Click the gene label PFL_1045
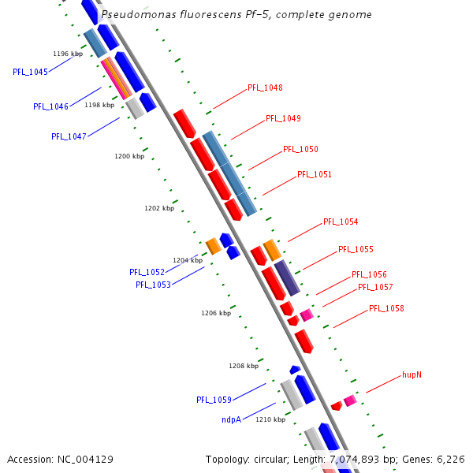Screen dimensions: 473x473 pos(30,72)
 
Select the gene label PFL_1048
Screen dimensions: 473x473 pos(265,88)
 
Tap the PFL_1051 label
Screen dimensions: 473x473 pos(315,174)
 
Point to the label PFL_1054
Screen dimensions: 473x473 pos(341,222)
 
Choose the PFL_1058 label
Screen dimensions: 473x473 pos(386,309)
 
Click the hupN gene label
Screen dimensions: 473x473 pos(412,374)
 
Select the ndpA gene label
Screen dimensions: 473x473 pos(231,420)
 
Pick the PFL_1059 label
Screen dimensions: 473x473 pos(214,400)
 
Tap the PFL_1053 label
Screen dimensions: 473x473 pos(153,285)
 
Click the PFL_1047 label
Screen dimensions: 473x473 pos(69,136)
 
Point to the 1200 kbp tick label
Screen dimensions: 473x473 pos(129,156)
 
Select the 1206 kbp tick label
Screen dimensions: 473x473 pos(216,313)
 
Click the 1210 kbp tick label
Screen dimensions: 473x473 pos(270,419)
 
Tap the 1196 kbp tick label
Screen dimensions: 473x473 pos(68,54)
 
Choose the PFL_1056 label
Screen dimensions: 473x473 pos(369,274)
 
